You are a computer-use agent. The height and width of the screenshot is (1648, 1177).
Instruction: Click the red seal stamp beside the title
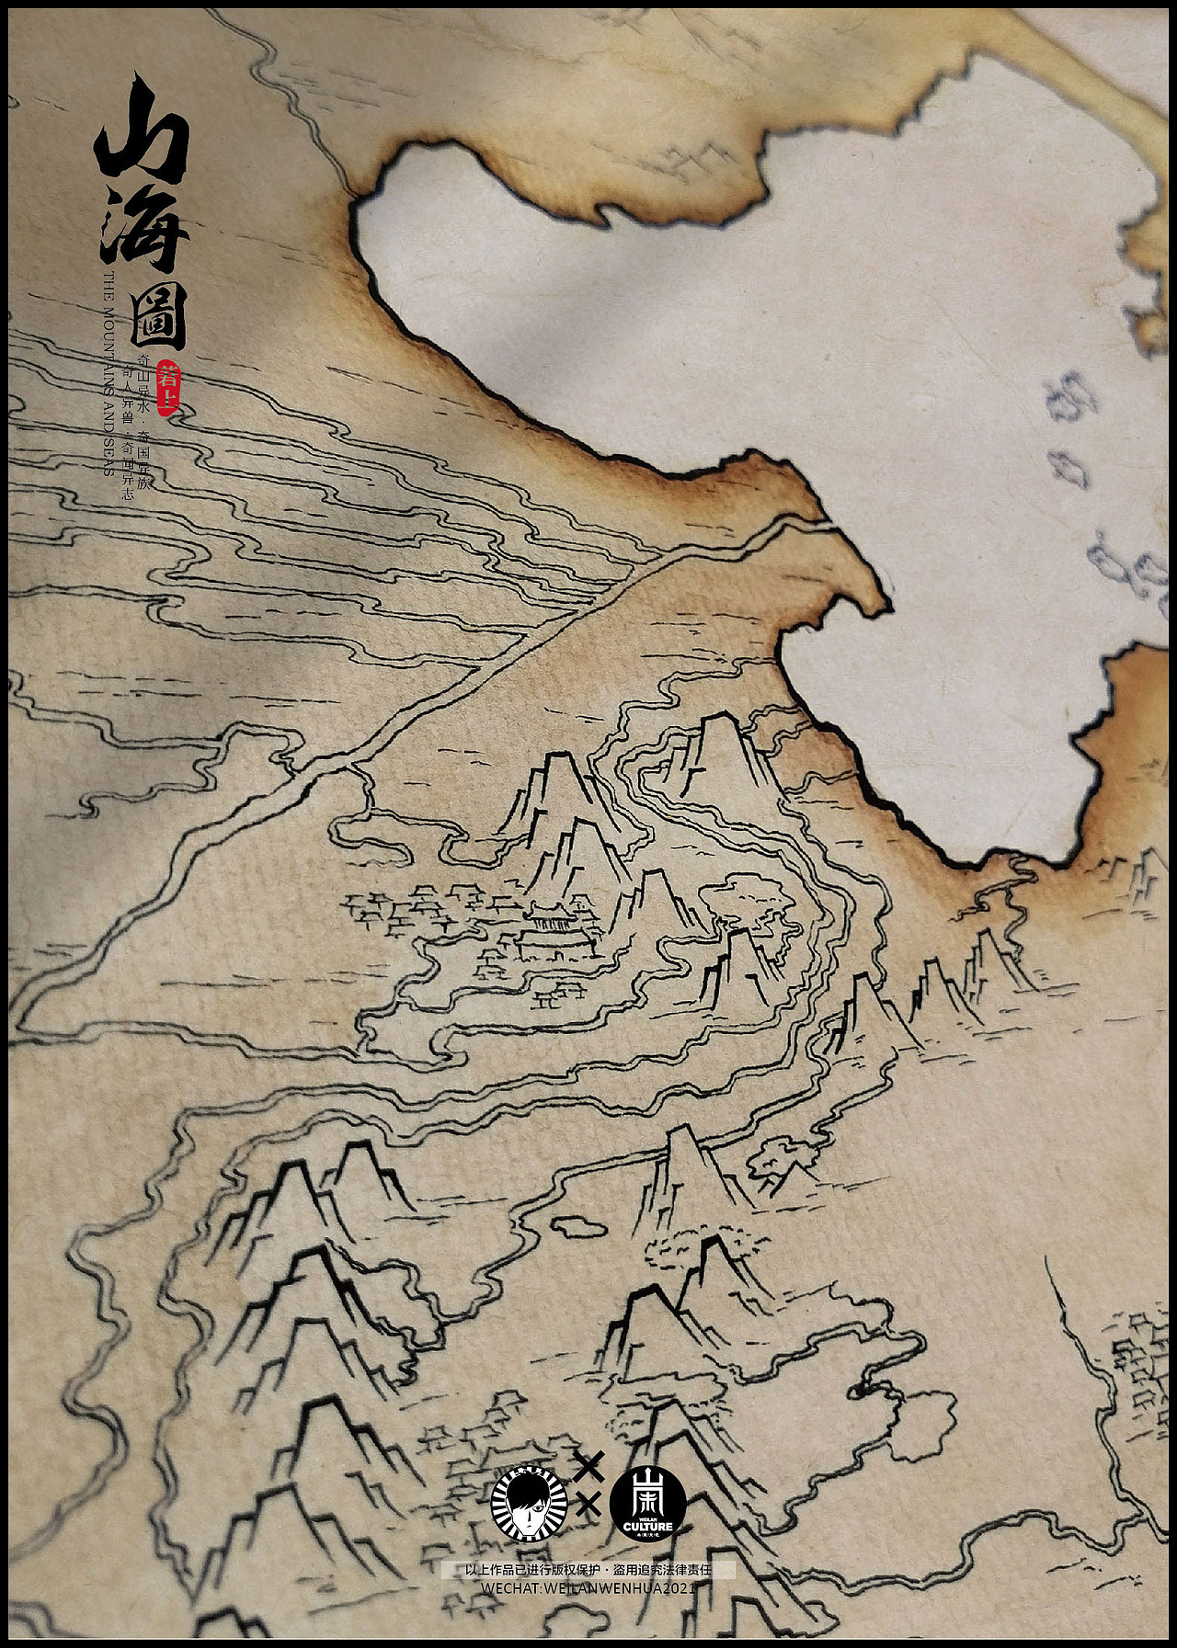click(x=167, y=386)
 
